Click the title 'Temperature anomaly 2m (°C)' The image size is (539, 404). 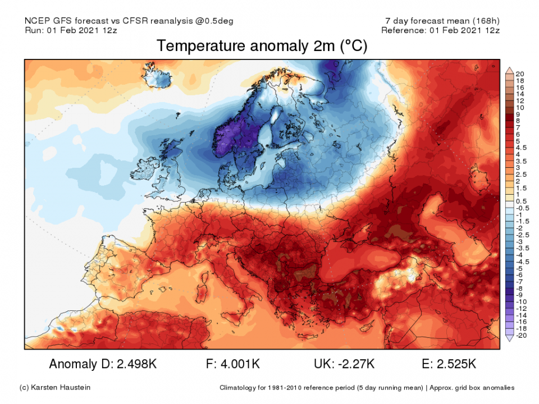coord(262,46)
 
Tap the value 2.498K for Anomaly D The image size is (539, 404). coord(136,364)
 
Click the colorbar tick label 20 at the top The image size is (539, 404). coord(520,74)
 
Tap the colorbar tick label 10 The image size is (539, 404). coord(520,107)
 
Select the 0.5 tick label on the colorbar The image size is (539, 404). coord(520,201)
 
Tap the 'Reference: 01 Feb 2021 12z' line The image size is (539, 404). coord(440,30)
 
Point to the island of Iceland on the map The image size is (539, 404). coord(160,77)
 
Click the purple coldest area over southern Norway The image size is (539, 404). coord(229,137)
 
